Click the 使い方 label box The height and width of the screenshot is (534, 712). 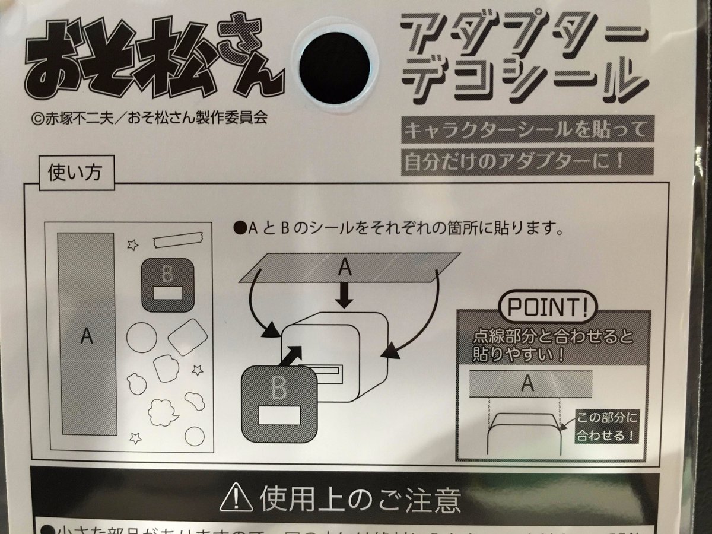click(x=74, y=174)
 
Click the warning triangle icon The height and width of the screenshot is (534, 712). click(x=237, y=499)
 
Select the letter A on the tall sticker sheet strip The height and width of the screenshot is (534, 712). click(x=86, y=336)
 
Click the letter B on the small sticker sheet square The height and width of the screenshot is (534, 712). click(x=167, y=275)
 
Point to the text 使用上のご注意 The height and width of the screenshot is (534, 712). click(x=359, y=500)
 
